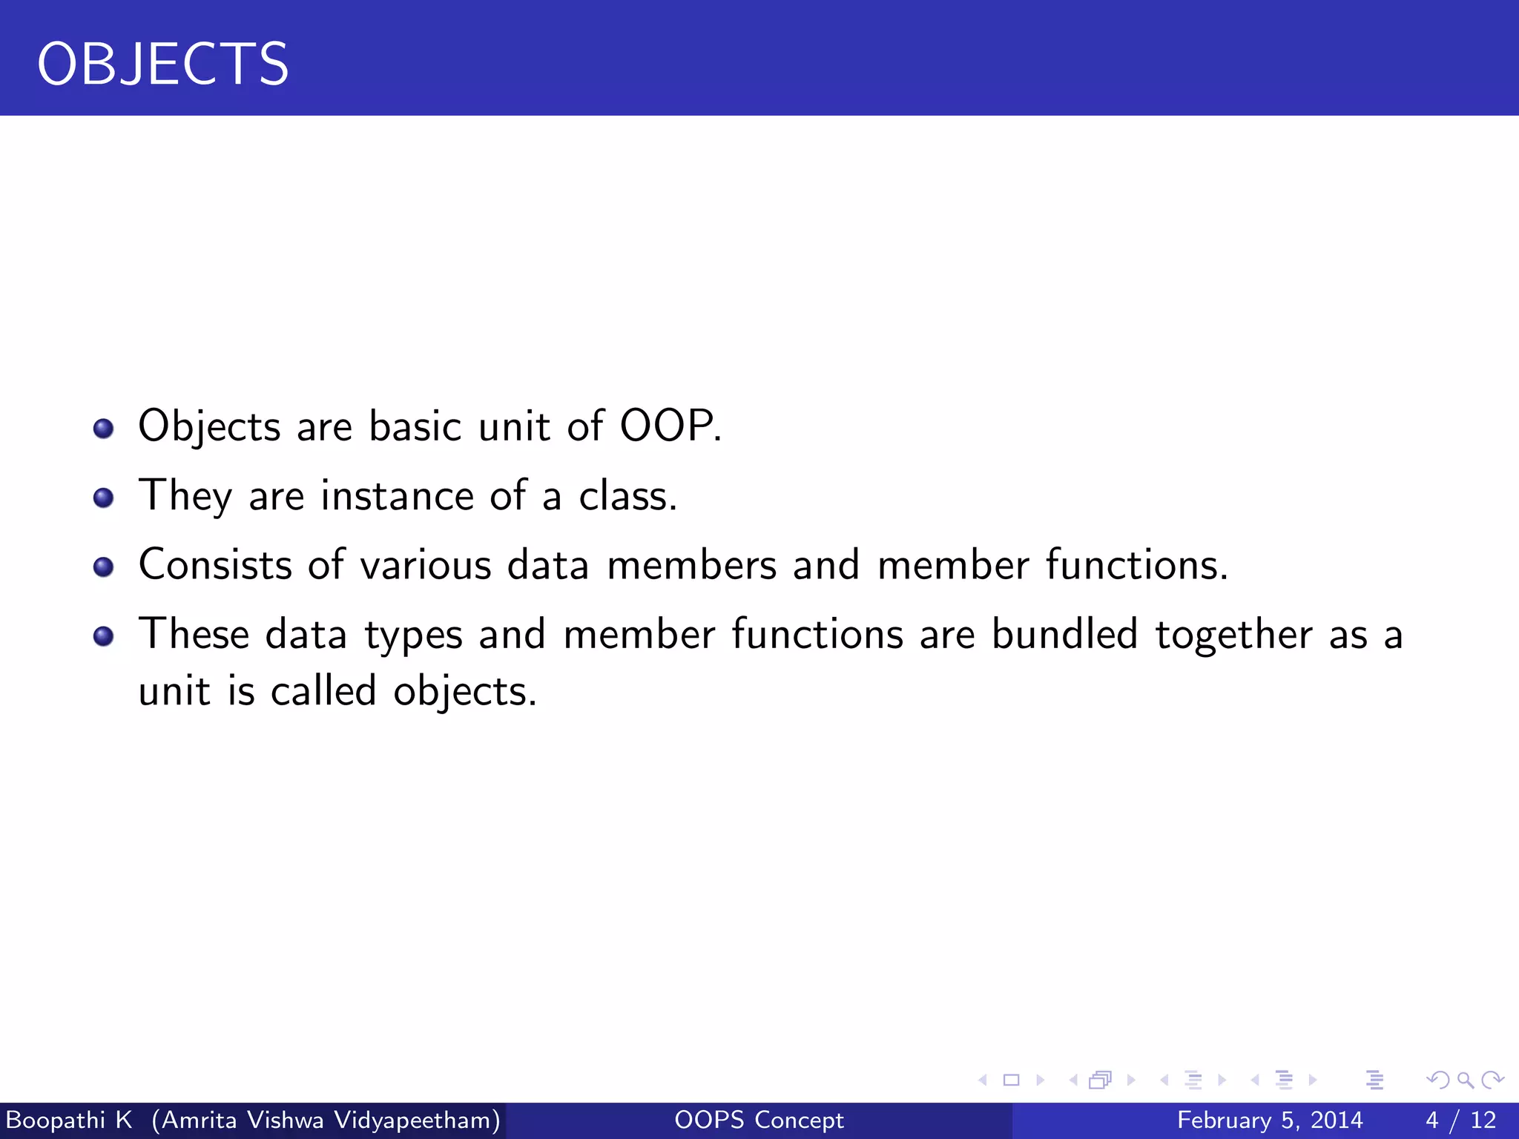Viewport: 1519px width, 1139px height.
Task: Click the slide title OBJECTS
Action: coord(162,65)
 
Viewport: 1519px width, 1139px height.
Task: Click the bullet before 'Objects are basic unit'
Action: coord(104,429)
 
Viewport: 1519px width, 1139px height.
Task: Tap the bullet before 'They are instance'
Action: coord(104,498)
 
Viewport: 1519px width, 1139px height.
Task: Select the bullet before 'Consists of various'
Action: coord(104,567)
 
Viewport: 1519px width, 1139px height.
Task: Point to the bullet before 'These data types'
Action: coord(104,636)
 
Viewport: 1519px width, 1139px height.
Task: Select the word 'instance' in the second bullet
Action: coord(397,495)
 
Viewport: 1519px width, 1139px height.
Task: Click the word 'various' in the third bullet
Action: coord(426,565)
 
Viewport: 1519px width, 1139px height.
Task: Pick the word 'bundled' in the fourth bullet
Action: coord(1064,635)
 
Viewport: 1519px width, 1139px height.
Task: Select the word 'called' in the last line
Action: coord(323,691)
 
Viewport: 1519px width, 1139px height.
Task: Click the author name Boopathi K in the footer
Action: coord(68,1120)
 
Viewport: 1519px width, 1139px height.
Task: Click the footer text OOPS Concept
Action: coord(759,1120)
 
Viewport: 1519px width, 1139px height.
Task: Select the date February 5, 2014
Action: coord(1270,1120)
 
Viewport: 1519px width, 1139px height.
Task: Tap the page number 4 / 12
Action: coord(1460,1120)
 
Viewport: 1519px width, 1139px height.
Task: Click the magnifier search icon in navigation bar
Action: coord(1465,1080)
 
